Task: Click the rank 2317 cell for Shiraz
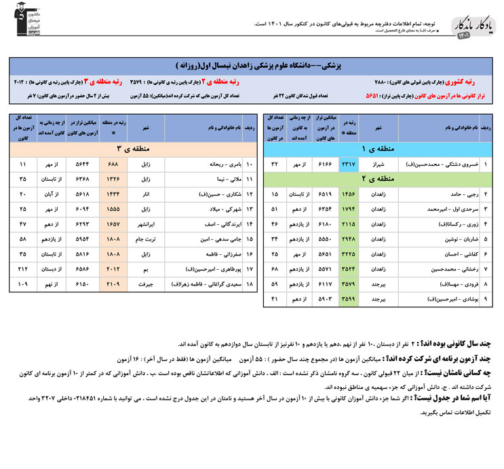(348, 164)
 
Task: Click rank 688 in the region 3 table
(113, 164)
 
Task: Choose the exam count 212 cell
(24, 269)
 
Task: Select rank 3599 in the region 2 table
(348, 299)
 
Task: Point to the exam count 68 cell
(275, 269)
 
